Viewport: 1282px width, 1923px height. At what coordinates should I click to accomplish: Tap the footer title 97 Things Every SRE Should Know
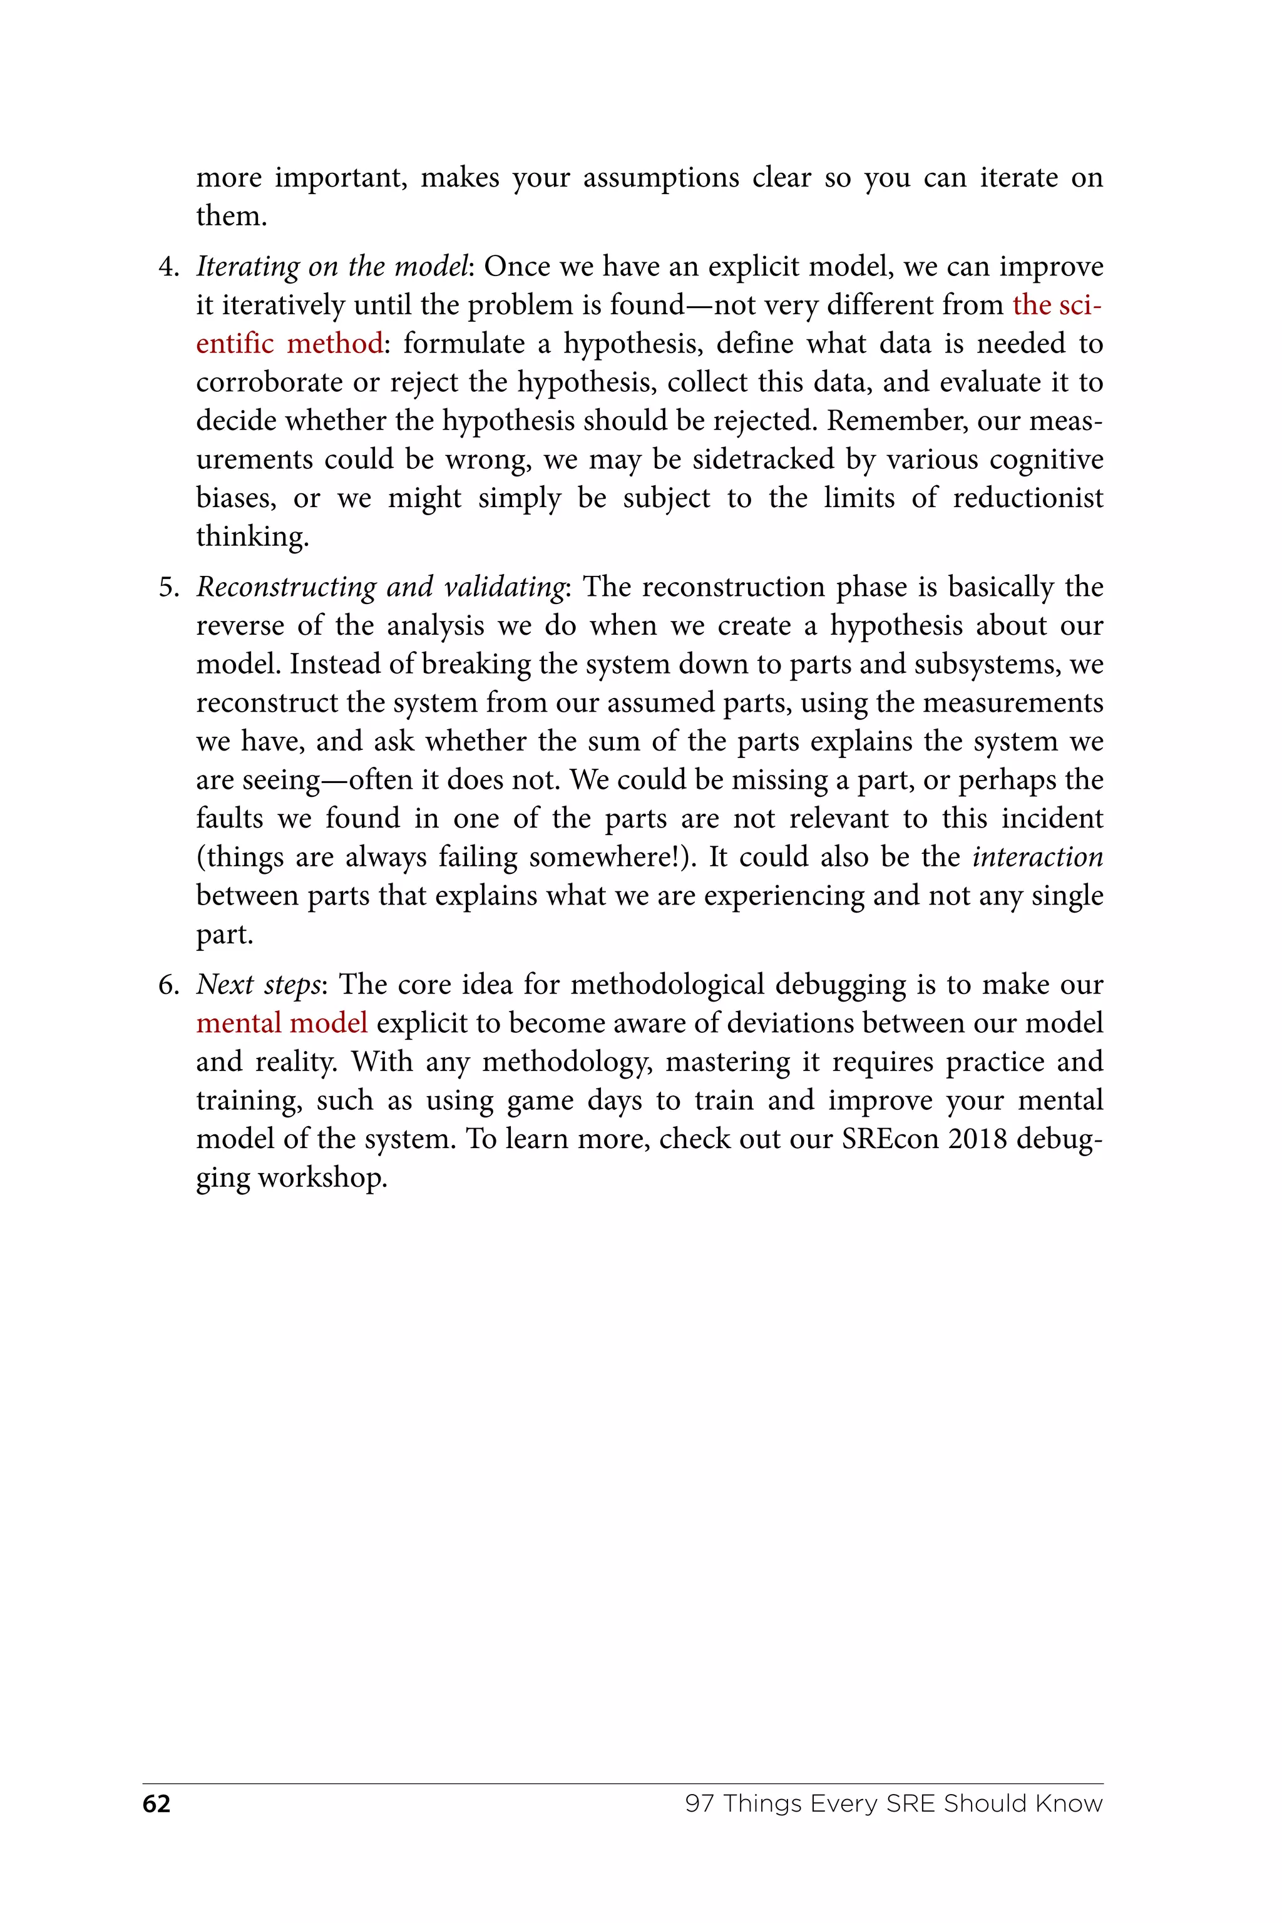coord(894,1803)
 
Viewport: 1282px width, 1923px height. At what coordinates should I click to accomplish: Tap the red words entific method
coord(289,344)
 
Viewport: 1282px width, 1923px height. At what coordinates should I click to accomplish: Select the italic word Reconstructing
coord(285,588)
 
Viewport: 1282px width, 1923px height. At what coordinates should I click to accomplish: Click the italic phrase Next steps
coord(259,985)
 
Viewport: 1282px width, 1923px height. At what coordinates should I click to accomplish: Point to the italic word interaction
coord(1037,857)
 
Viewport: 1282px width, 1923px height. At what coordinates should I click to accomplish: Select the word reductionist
coord(1028,498)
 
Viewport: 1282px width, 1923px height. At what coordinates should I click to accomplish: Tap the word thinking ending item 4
coord(252,537)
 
